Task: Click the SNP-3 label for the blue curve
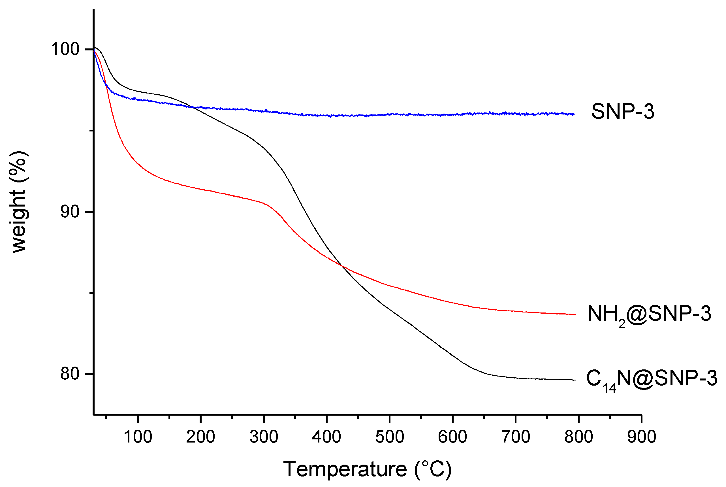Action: (x=622, y=112)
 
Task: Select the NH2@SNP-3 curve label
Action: (x=649, y=314)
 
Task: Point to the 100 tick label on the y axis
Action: (x=65, y=49)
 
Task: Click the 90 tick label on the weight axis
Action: (x=70, y=212)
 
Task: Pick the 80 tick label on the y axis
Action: (x=70, y=374)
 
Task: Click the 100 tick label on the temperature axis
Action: (x=138, y=437)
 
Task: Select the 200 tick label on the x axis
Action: (x=200, y=437)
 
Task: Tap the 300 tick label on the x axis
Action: (x=264, y=437)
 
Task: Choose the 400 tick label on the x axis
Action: (x=326, y=437)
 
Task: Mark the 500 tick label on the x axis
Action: (x=390, y=437)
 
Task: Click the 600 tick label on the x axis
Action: (x=452, y=437)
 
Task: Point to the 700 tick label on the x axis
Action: (x=516, y=437)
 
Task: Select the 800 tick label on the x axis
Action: (x=578, y=437)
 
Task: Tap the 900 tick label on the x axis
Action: (x=642, y=437)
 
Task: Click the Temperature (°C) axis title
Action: (x=367, y=469)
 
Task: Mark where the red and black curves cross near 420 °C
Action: (x=342, y=266)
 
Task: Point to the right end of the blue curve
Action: (x=574, y=114)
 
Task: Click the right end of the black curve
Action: (x=575, y=380)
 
